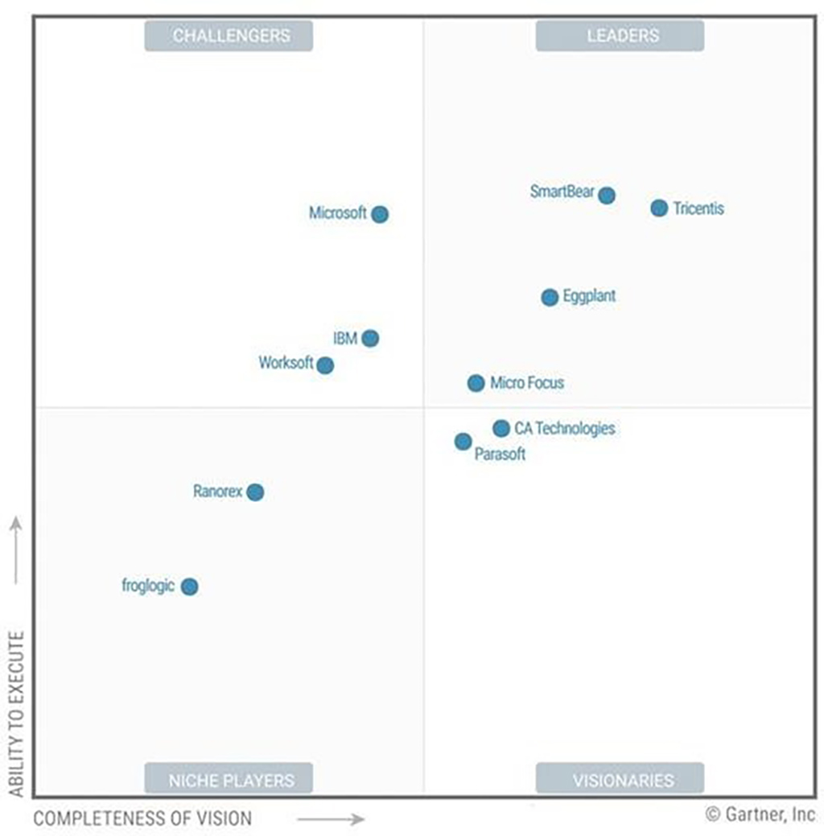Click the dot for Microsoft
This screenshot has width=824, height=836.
click(x=381, y=214)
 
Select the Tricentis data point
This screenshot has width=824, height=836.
click(x=659, y=208)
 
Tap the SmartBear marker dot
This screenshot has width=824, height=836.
click(x=607, y=195)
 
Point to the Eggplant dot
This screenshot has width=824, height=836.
click(x=550, y=298)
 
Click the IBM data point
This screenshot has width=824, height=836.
click(x=370, y=338)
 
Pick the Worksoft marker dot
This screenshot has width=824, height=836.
click(x=325, y=365)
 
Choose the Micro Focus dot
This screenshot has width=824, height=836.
click(x=476, y=383)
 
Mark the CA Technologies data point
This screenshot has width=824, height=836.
click(x=501, y=428)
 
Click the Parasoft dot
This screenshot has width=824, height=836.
click(x=463, y=441)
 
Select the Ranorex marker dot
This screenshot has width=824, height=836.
click(x=255, y=492)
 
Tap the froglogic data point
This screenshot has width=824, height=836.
click(x=189, y=587)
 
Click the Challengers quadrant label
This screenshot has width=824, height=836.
click(x=229, y=35)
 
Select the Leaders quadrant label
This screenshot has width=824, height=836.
click(x=620, y=35)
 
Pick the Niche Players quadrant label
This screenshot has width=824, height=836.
click(x=229, y=779)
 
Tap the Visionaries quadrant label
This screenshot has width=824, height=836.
click(x=620, y=779)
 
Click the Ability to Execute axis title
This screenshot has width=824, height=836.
click(x=16, y=715)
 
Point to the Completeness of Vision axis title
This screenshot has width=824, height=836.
click(x=142, y=819)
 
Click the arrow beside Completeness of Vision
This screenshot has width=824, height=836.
click(x=331, y=819)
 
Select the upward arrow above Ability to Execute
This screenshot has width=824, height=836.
click(x=16, y=551)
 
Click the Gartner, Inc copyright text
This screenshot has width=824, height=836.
click(x=761, y=814)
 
